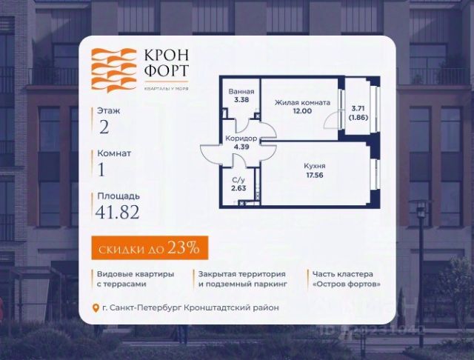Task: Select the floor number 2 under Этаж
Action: point(104,126)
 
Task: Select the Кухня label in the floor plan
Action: point(314,166)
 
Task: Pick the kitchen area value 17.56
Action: point(315,176)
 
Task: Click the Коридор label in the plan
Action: point(241,139)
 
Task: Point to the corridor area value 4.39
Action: point(241,147)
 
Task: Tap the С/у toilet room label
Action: point(238,180)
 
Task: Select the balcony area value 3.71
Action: point(359,108)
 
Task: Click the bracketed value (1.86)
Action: point(359,118)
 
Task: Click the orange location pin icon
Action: point(95,308)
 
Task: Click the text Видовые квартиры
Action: point(126,274)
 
